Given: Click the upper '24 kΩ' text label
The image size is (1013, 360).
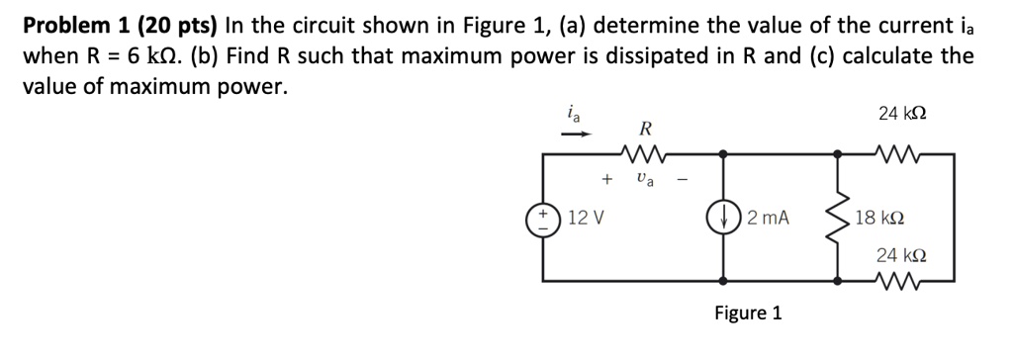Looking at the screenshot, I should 901,114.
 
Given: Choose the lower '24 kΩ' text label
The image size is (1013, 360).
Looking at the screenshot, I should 901,255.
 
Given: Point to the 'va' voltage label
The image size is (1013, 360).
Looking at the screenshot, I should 645,180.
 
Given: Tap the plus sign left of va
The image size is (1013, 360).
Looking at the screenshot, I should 604,180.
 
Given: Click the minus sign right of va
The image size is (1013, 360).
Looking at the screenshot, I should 682,180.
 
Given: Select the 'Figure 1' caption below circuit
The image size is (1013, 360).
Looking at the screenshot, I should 748,314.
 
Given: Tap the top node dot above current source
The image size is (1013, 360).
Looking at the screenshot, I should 726,154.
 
